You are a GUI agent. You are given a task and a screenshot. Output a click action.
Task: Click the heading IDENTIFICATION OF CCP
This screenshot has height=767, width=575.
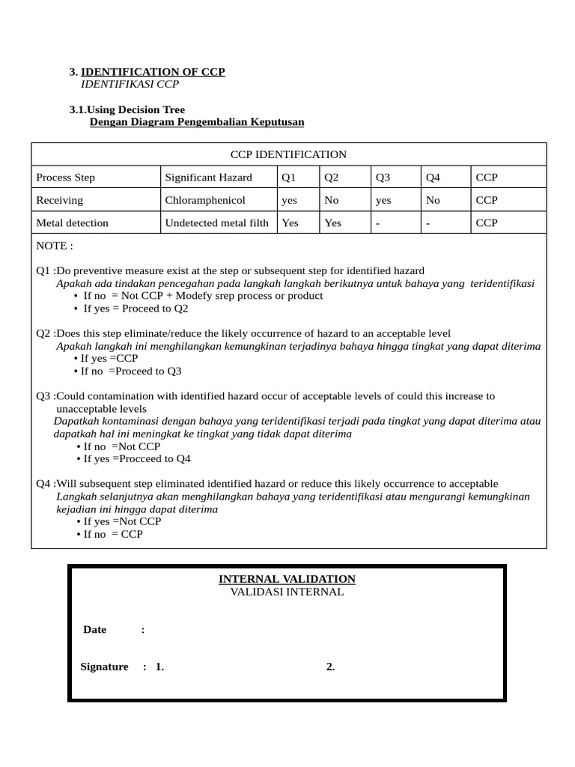153,72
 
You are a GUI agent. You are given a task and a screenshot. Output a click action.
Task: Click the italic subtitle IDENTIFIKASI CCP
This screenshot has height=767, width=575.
130,84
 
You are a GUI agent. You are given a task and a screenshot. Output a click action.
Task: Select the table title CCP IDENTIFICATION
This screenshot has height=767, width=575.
288,154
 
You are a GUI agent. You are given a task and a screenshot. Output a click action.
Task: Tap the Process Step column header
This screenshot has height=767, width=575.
66,178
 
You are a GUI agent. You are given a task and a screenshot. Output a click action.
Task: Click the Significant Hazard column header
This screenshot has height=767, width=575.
209,178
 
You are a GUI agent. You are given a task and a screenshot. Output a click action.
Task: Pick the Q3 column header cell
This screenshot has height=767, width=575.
383,178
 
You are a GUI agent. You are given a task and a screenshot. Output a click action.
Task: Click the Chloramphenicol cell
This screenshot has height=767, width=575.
205,200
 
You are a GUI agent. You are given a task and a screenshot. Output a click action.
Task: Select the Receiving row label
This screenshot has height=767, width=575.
60,200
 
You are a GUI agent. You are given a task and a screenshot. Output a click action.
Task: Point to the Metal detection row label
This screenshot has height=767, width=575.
72,222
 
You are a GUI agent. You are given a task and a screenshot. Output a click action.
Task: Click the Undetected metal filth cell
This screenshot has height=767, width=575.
216,222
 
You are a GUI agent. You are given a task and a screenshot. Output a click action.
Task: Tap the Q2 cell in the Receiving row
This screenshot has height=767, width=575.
332,200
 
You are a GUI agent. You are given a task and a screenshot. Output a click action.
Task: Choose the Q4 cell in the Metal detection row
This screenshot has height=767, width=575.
429,222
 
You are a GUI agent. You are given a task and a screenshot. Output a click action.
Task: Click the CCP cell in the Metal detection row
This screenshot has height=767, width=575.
487,222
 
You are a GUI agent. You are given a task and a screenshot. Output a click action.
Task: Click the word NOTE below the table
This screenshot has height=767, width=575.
55,246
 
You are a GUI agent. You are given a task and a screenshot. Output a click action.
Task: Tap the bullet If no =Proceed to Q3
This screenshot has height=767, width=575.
132,371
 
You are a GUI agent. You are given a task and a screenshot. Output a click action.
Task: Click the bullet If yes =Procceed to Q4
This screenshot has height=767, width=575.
137,458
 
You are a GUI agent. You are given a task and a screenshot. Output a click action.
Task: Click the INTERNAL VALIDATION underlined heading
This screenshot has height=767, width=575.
287,579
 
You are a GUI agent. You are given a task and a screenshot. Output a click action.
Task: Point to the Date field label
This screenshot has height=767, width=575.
94,629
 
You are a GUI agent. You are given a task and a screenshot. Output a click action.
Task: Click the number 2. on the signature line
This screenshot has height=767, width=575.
330,667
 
